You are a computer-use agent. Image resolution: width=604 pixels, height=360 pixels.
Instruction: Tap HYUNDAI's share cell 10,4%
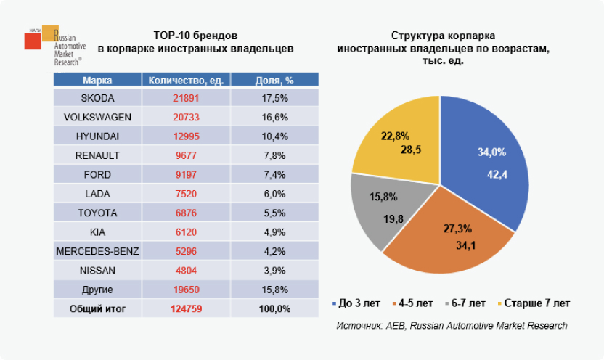(274, 136)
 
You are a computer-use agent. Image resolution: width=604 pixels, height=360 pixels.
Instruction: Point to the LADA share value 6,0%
(274, 193)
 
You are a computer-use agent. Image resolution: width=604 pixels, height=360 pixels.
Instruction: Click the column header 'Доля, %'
(274, 80)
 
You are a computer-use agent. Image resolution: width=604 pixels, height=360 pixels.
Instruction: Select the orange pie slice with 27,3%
(450, 236)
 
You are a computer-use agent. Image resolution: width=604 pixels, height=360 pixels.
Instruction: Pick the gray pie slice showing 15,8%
(381, 210)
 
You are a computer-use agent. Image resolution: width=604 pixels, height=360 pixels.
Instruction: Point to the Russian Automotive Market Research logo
(54, 45)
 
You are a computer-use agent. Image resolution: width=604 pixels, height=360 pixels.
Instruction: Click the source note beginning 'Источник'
(452, 326)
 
